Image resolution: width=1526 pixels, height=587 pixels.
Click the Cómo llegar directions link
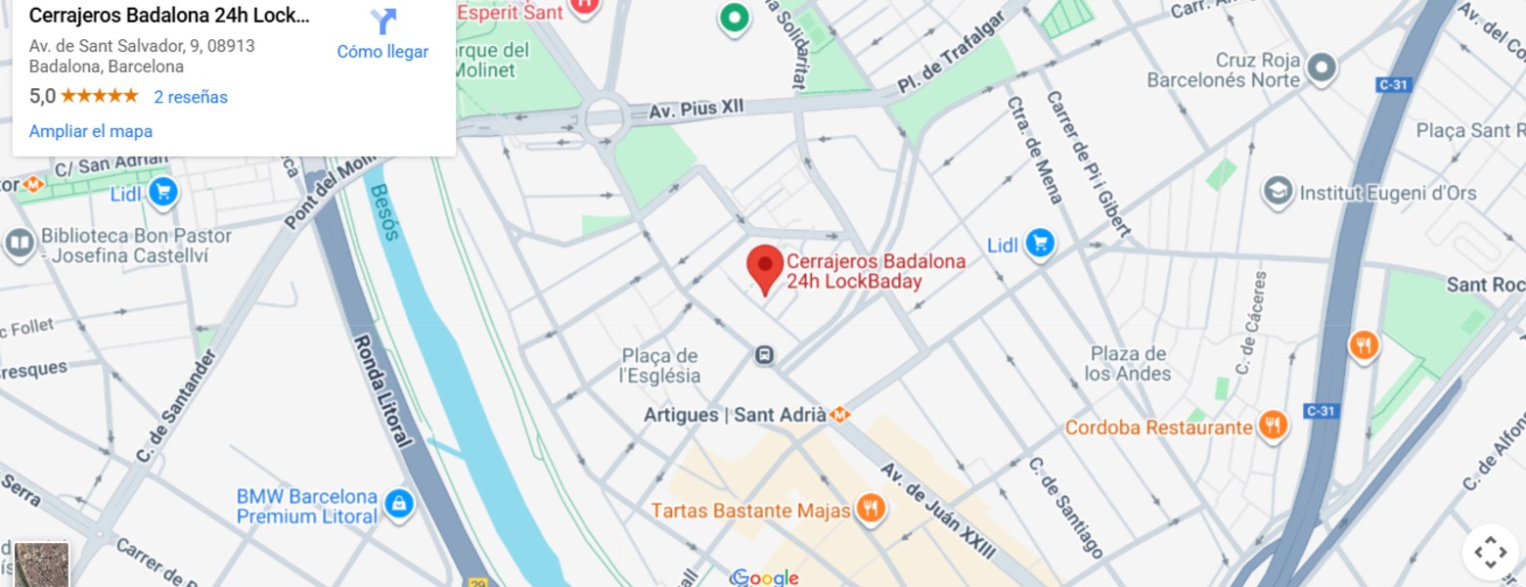click(382, 52)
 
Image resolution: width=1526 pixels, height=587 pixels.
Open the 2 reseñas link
click(190, 97)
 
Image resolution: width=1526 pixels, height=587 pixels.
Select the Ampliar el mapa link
click(91, 131)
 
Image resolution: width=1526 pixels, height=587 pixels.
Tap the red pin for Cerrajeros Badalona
click(765, 267)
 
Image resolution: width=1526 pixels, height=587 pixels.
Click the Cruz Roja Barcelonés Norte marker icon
click(1323, 68)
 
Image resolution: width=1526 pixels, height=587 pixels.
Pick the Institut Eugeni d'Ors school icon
click(1277, 193)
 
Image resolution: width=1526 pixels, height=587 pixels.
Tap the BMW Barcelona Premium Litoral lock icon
click(398, 505)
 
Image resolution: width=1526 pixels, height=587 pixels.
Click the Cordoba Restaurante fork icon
click(1272, 427)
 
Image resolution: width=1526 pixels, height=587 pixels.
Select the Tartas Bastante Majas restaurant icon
click(870, 509)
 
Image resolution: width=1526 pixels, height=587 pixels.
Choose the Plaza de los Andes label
click(1128, 363)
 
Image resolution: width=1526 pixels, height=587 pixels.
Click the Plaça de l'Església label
click(660, 366)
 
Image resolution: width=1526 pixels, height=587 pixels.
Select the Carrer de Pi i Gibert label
click(1087, 163)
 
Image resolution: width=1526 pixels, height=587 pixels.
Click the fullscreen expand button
click(1490, 553)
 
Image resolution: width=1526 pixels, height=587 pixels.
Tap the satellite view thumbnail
click(42, 564)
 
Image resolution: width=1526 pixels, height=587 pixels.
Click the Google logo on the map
click(765, 577)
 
